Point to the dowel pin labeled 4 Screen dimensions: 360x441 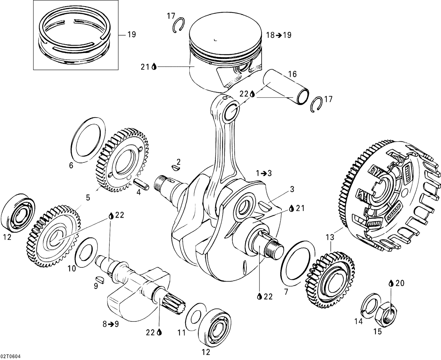tap(141, 185)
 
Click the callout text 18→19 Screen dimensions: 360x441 tap(278, 35)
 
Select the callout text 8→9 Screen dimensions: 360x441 tap(110, 324)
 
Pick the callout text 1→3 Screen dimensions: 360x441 tap(264, 173)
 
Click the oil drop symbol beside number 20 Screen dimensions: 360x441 tap(391, 283)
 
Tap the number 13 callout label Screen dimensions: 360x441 tap(330, 237)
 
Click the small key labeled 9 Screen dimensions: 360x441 tap(100, 279)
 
